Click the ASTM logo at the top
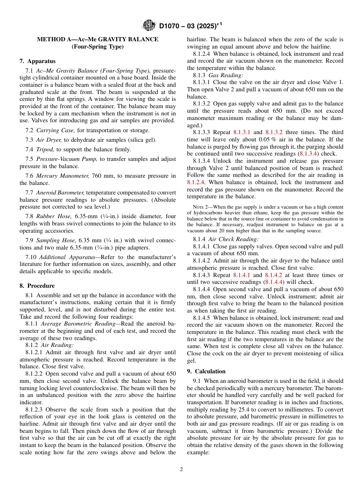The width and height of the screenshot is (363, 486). (x=149, y=26)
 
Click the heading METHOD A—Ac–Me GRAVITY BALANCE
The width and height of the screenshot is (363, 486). (x=97, y=39)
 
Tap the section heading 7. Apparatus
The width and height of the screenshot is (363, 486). (x=37, y=61)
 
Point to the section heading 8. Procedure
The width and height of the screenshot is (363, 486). (x=37, y=286)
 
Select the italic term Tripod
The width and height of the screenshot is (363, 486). (x=44, y=149)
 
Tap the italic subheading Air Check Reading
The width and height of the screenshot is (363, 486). (x=233, y=239)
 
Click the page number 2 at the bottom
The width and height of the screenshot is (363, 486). (x=181, y=470)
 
